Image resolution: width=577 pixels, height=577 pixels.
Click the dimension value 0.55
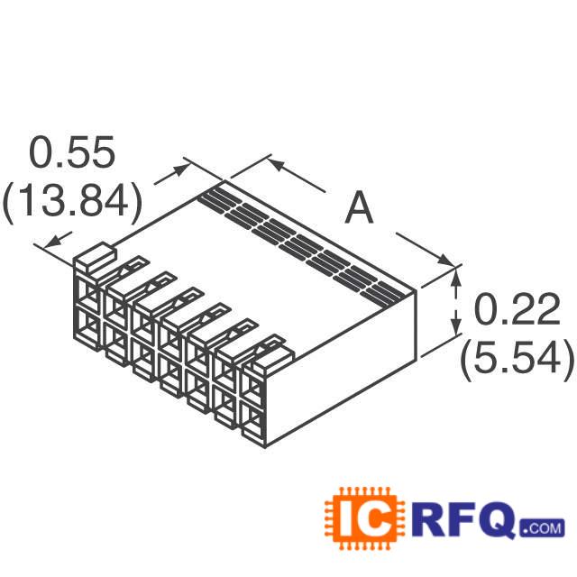(x=73, y=153)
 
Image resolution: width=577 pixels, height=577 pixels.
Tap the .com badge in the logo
(x=542, y=527)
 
